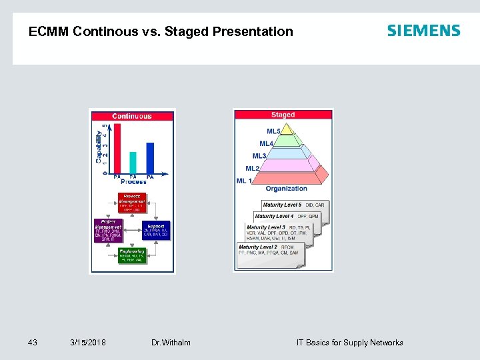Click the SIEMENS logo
coord(423,31)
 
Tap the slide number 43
coord(33,343)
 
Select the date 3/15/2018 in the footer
coord(88,343)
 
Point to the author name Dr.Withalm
coord(171,343)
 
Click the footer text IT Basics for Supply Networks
coord(349,343)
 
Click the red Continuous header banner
coord(132,116)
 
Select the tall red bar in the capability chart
coord(117,149)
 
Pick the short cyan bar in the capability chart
coord(133,163)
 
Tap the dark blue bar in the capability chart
coord(150,158)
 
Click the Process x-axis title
coord(133,181)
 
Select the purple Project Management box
coord(108,231)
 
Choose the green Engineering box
coord(132,255)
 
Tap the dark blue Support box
coord(156,231)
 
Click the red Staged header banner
coord(283,115)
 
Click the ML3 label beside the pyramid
coord(259,156)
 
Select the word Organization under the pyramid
coord(286,189)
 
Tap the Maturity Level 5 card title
coord(282,205)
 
